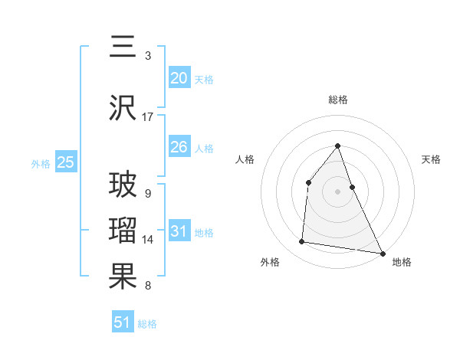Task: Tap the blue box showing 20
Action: point(179,78)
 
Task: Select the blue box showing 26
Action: point(179,147)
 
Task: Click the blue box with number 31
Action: point(179,231)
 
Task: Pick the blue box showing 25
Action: point(65,162)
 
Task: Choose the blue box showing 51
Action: point(123,322)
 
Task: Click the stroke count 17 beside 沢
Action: point(148,117)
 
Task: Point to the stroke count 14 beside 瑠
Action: point(148,240)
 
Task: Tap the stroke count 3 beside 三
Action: point(148,56)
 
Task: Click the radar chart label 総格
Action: point(338,100)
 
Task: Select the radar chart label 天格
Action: point(431,159)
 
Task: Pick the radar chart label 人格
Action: point(245,159)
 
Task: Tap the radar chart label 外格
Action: point(270,262)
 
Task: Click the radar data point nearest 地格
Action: point(383,253)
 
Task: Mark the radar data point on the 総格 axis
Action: point(337,146)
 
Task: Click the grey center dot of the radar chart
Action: point(337,191)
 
